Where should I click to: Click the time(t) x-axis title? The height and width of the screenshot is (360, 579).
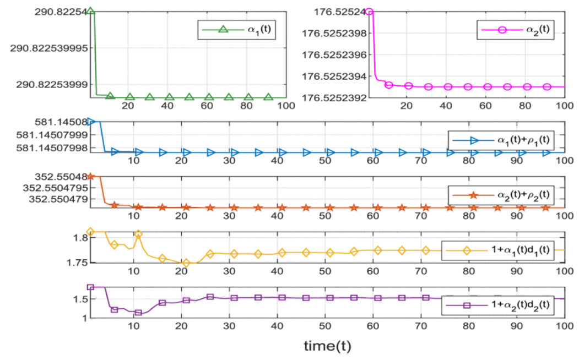327,347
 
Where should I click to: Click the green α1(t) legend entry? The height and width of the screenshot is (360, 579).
237,29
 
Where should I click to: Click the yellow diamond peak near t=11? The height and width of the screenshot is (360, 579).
138,234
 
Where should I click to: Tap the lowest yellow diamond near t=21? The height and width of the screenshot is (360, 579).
186,263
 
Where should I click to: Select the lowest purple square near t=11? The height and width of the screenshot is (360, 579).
138,313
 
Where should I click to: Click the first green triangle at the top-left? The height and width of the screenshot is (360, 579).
90,11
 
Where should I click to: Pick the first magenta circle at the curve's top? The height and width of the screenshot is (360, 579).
369,11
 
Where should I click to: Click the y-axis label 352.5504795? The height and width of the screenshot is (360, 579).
54,188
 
